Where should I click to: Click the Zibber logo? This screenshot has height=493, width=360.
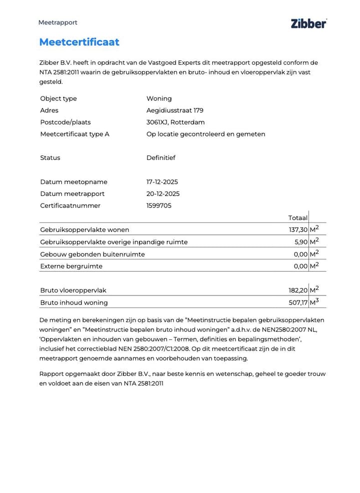click(308, 23)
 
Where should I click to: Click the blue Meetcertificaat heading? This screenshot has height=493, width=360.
click(79, 42)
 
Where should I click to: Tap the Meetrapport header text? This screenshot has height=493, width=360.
click(57, 22)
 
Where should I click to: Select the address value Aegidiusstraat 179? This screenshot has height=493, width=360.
click(174, 110)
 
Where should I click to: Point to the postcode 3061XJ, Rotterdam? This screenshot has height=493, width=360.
click(175, 122)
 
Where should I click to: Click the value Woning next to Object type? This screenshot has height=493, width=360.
click(158, 98)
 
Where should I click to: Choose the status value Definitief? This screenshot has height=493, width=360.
click(160, 158)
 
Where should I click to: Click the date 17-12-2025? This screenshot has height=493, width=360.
click(162, 182)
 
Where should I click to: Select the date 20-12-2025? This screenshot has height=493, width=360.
click(162, 194)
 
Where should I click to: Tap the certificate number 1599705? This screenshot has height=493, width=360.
click(158, 206)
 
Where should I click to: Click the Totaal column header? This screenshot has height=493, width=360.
click(297, 218)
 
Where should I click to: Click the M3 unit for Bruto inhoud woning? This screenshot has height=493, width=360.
click(314, 302)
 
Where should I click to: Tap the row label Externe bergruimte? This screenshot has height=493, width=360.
click(71, 266)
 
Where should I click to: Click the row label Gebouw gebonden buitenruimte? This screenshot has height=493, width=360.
click(92, 254)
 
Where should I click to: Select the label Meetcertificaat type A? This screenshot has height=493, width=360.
click(74, 134)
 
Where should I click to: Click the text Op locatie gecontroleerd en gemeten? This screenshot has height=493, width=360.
click(205, 134)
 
